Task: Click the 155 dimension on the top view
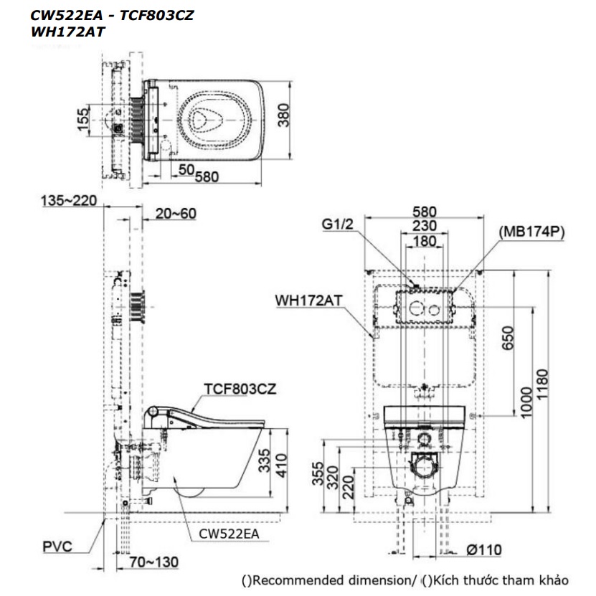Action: coord(83,118)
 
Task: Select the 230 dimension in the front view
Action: coord(426,226)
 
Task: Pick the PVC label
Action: coord(57,547)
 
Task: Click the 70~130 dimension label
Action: coord(153,562)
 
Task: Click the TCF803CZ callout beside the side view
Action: coord(240,389)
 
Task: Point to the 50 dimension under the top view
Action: coord(186,169)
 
